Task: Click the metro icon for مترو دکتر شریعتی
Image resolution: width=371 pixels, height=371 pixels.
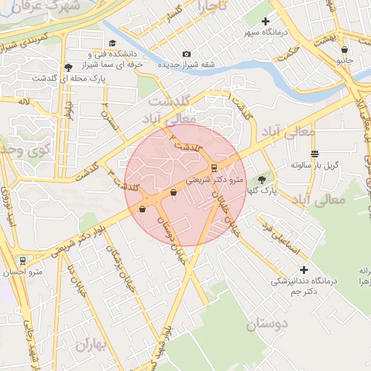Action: point(213,167)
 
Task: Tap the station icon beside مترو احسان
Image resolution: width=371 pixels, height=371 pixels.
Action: point(23,260)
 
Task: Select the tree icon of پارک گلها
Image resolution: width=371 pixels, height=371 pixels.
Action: point(262,179)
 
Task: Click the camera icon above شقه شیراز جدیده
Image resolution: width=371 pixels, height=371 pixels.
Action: point(187,54)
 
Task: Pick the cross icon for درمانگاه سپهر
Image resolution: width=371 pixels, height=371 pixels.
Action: point(265,22)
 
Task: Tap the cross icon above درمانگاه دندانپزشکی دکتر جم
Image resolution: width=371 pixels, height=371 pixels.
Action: point(304,270)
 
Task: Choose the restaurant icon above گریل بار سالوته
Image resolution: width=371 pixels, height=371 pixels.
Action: point(314,154)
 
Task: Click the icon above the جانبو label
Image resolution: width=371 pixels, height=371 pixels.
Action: point(344,50)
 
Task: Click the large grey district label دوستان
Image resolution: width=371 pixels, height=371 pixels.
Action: point(267,325)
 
